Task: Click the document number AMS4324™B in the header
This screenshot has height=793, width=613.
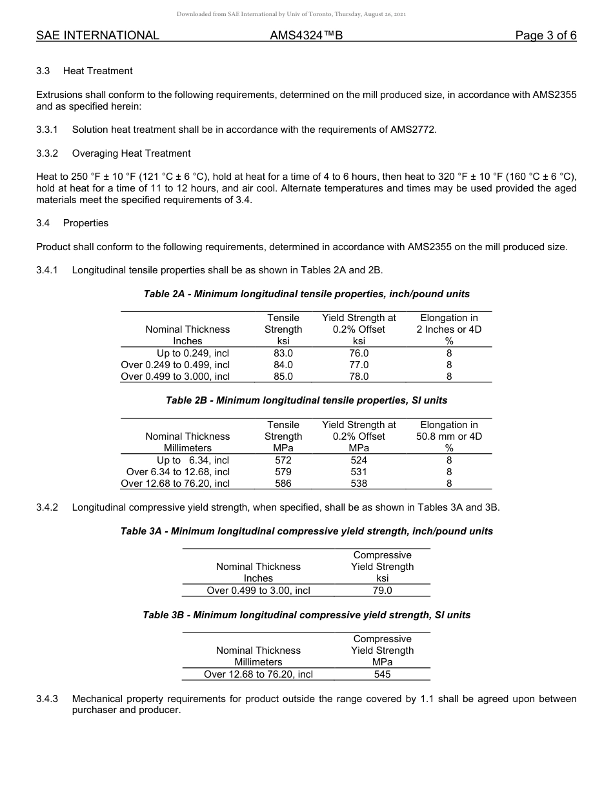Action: [x=306, y=35]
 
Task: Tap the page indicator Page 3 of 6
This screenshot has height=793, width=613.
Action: [x=545, y=35]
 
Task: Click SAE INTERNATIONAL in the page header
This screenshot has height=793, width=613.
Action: [x=97, y=35]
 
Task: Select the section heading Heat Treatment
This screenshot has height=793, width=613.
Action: [x=97, y=71]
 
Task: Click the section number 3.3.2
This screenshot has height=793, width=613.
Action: [x=47, y=153]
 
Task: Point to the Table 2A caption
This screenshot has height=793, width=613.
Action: [x=306, y=294]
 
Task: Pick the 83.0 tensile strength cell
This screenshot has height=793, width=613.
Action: [x=283, y=353]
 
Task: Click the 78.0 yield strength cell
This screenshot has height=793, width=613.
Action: [x=359, y=377]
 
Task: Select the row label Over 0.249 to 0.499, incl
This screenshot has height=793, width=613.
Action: [x=176, y=365]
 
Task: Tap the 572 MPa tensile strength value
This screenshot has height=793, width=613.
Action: [x=283, y=460]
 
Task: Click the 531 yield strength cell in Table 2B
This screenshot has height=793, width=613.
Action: [x=359, y=472]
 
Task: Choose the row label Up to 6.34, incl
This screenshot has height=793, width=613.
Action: [x=192, y=460]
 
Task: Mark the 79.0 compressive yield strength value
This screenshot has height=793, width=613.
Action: [x=382, y=591]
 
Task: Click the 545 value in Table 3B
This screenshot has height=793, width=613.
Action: [x=382, y=674]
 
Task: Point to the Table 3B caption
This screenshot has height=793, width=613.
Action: [x=306, y=615]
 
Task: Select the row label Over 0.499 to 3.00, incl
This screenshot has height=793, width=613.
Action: [x=258, y=591]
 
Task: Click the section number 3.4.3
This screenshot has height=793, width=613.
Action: [x=47, y=699]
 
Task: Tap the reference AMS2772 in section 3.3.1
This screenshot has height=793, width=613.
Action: [x=413, y=130]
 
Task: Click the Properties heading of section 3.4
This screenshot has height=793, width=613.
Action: [x=86, y=223]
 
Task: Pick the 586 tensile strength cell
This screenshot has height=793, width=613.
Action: [x=283, y=484]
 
